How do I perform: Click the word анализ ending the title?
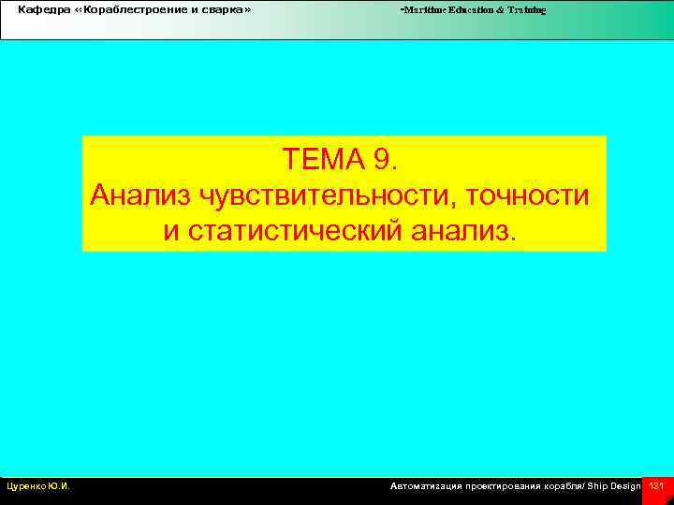pyautogui.click(x=462, y=229)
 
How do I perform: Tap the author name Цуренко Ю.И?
pyautogui.click(x=38, y=486)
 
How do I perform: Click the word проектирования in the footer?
pyautogui.click(x=500, y=486)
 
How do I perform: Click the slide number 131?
pyautogui.click(x=656, y=486)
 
